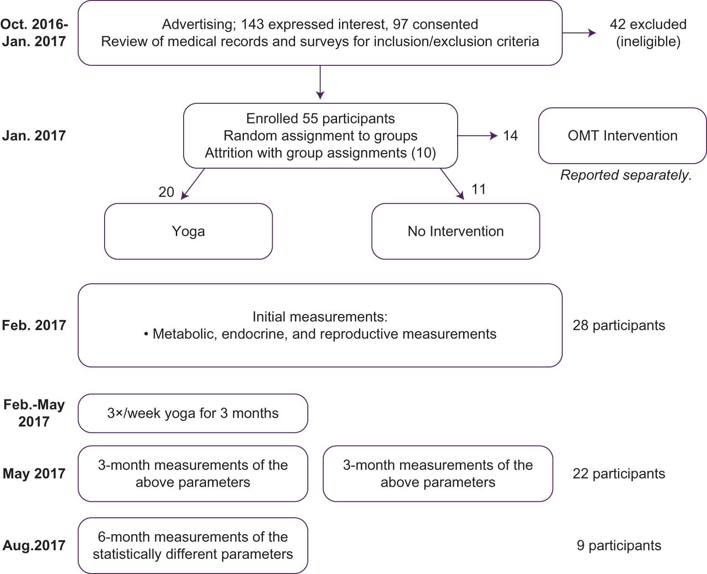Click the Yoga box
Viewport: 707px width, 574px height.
tap(188, 231)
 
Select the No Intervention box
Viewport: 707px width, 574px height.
tap(455, 231)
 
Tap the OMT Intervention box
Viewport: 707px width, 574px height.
tap(622, 136)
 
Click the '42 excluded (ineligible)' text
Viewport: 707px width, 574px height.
tap(648, 33)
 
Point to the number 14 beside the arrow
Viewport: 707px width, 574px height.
tap(510, 136)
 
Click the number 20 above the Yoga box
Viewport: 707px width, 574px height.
tap(166, 192)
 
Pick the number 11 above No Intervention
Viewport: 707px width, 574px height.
tap(479, 189)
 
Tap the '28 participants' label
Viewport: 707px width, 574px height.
tap(618, 325)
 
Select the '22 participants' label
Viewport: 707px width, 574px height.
tap(618, 474)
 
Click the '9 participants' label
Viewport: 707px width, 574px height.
tap(618, 545)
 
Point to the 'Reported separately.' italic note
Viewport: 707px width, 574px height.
tap(626, 175)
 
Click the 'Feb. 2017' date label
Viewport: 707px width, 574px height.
tap(34, 325)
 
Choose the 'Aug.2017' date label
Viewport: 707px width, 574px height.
tap(34, 545)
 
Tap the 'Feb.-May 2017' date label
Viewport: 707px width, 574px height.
tap(34, 413)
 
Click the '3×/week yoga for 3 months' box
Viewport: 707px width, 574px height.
tap(193, 413)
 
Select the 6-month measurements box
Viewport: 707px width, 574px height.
tap(193, 545)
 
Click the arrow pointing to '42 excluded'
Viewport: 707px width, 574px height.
tap(579, 33)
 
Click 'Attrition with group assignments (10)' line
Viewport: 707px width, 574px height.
tap(320, 153)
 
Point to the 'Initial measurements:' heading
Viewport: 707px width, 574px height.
tap(320, 317)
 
